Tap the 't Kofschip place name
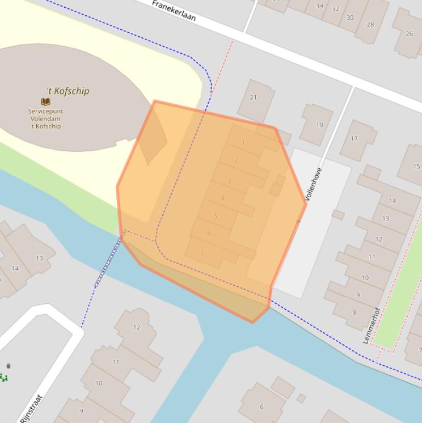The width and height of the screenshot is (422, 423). click(68, 91)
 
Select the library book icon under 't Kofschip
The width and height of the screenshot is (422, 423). click(46, 102)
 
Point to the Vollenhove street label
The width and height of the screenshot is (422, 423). click(313, 183)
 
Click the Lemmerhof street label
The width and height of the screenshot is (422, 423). click(371, 325)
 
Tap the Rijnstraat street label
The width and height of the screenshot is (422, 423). click(31, 409)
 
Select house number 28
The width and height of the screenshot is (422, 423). click(370, 24)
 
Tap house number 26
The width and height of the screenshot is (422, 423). click(409, 34)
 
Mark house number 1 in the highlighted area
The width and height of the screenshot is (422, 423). click(243, 143)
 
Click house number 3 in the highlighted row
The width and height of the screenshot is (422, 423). click(229, 181)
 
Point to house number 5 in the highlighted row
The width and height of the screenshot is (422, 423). click(216, 216)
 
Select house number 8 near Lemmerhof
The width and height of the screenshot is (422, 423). click(355, 313)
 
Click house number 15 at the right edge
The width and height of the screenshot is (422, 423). click(417, 166)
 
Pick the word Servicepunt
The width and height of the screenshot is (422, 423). click(46, 111)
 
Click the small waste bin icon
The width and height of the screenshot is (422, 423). click(8, 366)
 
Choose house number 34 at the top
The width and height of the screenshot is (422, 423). click(319, 6)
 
